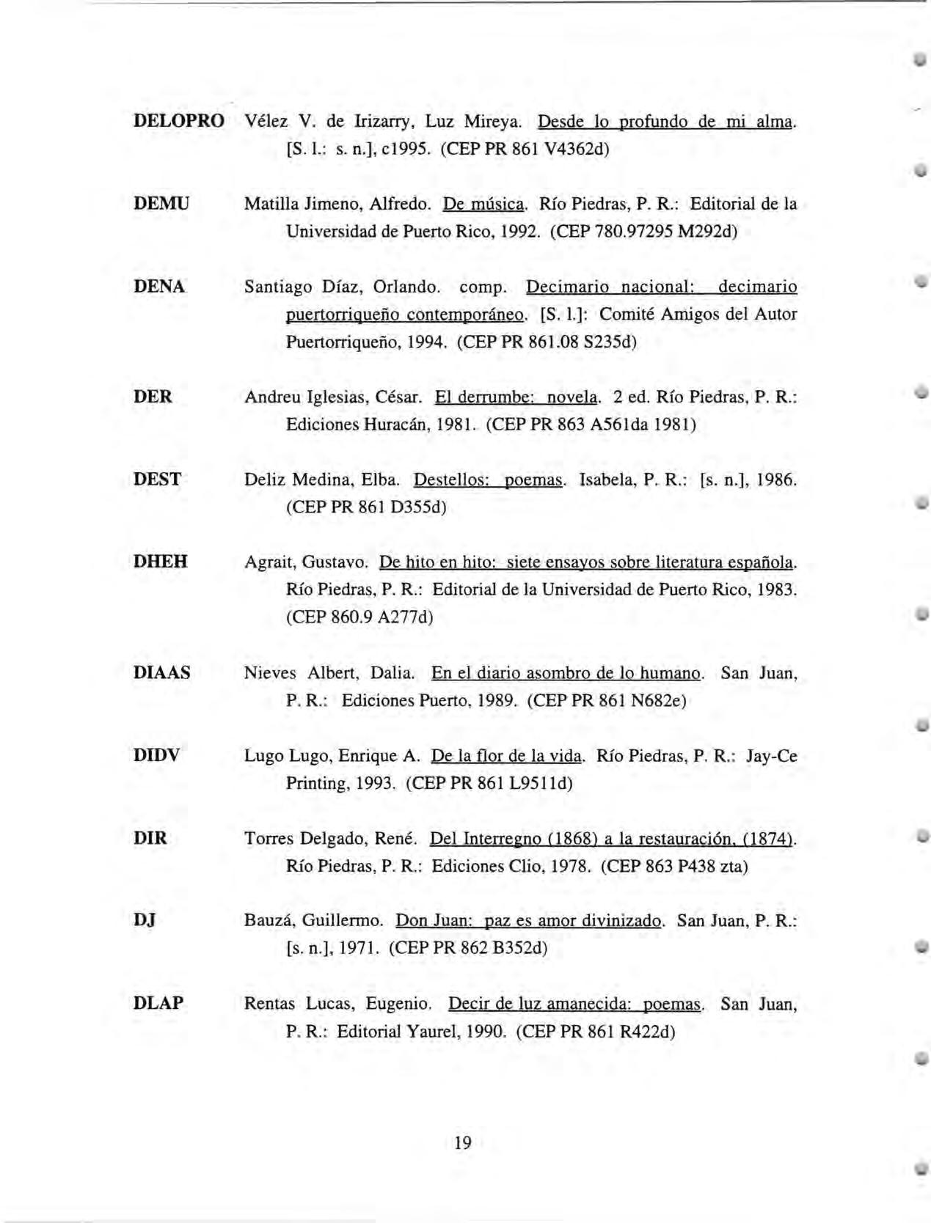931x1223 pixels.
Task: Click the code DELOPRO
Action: (x=178, y=121)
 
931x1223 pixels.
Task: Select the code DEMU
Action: (x=161, y=203)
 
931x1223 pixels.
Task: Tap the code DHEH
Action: (x=161, y=562)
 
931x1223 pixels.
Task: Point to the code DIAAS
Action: (x=162, y=672)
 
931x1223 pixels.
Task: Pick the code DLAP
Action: (x=158, y=1003)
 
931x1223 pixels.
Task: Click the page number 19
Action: (x=463, y=1142)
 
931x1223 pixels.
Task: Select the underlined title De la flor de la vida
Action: (x=507, y=755)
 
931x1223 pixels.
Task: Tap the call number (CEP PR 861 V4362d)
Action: (x=525, y=149)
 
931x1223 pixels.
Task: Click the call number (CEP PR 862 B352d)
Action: (x=468, y=948)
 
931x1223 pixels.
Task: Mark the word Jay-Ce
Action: (x=771, y=756)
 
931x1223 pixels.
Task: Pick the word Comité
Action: (x=628, y=315)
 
